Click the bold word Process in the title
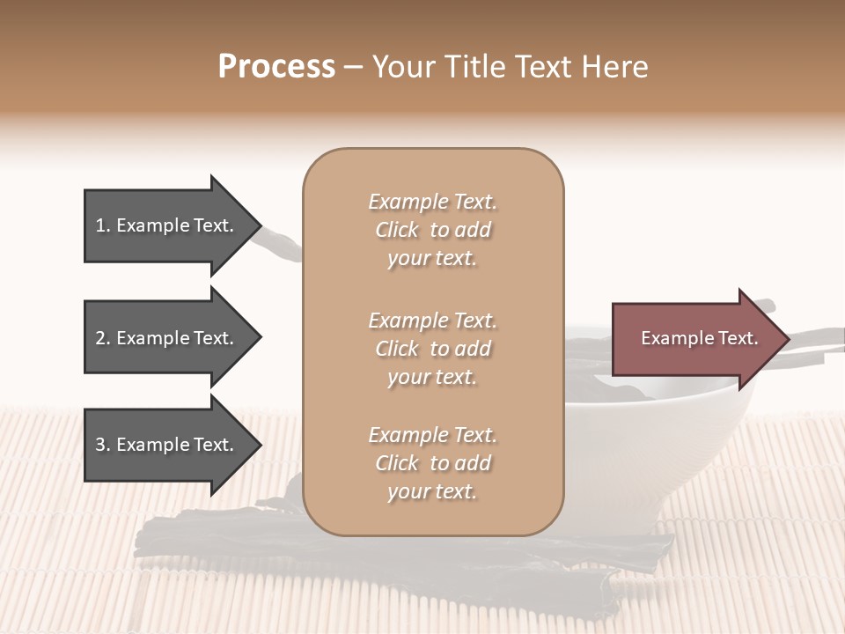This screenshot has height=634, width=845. click(276, 67)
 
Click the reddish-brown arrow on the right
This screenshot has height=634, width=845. click(695, 339)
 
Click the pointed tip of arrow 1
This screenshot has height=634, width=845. click(258, 225)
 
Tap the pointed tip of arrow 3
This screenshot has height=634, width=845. click(258, 445)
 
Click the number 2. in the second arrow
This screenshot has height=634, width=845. click(103, 338)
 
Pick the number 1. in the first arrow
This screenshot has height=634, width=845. click(103, 225)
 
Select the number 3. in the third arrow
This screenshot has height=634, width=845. click(103, 445)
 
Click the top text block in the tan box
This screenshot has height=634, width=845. click(432, 230)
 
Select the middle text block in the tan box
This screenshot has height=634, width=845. click(432, 349)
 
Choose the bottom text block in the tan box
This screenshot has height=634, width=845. click(432, 463)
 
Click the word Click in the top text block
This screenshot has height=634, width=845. click(397, 230)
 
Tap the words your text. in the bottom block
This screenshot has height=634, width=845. click(432, 491)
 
